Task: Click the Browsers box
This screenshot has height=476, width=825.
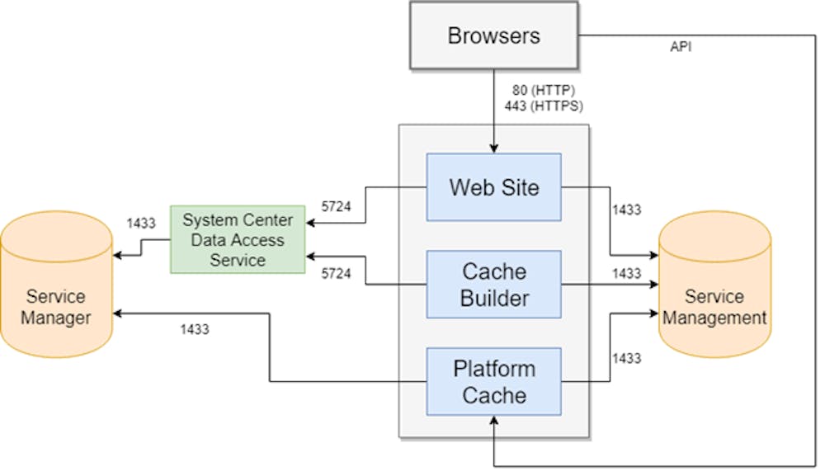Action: (493, 35)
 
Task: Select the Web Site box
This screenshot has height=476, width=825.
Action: (493, 186)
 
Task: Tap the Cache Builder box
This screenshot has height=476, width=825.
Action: (493, 284)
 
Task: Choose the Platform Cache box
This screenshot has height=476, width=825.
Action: (493, 381)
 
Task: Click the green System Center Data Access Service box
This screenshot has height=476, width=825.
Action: (237, 239)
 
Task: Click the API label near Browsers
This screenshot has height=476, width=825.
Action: (681, 47)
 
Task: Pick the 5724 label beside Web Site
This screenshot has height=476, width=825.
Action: (336, 206)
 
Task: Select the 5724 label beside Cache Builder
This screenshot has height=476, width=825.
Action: (336, 273)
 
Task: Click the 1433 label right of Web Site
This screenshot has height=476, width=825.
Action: (626, 210)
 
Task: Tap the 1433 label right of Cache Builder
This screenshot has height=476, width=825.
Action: (626, 273)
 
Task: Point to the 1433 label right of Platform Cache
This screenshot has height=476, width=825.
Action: (626, 358)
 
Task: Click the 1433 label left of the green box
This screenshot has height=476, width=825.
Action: (140, 223)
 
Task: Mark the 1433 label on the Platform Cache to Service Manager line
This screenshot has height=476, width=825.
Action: (194, 329)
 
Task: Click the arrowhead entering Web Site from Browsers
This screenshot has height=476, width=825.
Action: (493, 148)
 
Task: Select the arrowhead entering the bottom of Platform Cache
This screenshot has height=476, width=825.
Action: (493, 421)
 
